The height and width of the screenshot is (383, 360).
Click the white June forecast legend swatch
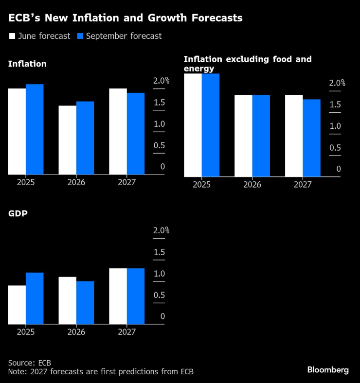(12, 36)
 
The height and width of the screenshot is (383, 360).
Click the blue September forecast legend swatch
(81, 36)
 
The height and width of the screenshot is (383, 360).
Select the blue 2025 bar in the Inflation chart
(35, 129)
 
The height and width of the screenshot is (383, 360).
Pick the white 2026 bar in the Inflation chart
(68, 140)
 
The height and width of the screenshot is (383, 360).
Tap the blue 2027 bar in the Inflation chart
(136, 134)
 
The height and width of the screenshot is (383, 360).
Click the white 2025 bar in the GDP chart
(17, 305)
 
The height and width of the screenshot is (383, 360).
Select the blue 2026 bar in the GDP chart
(85, 302)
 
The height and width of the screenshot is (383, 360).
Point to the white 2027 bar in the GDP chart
(118, 296)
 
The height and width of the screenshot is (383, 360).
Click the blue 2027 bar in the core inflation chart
(311, 138)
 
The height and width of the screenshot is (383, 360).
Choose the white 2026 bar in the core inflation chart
(243, 136)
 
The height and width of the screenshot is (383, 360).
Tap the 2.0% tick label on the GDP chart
(161, 230)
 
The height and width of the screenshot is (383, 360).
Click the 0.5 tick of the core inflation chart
(335, 148)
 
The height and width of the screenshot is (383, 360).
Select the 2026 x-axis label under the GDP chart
(76, 332)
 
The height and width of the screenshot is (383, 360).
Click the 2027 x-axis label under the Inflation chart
(127, 182)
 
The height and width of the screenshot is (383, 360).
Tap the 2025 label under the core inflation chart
(201, 184)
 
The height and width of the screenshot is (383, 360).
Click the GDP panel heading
(17, 213)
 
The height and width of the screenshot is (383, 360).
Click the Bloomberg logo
(327, 370)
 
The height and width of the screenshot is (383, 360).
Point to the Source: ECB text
(30, 363)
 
